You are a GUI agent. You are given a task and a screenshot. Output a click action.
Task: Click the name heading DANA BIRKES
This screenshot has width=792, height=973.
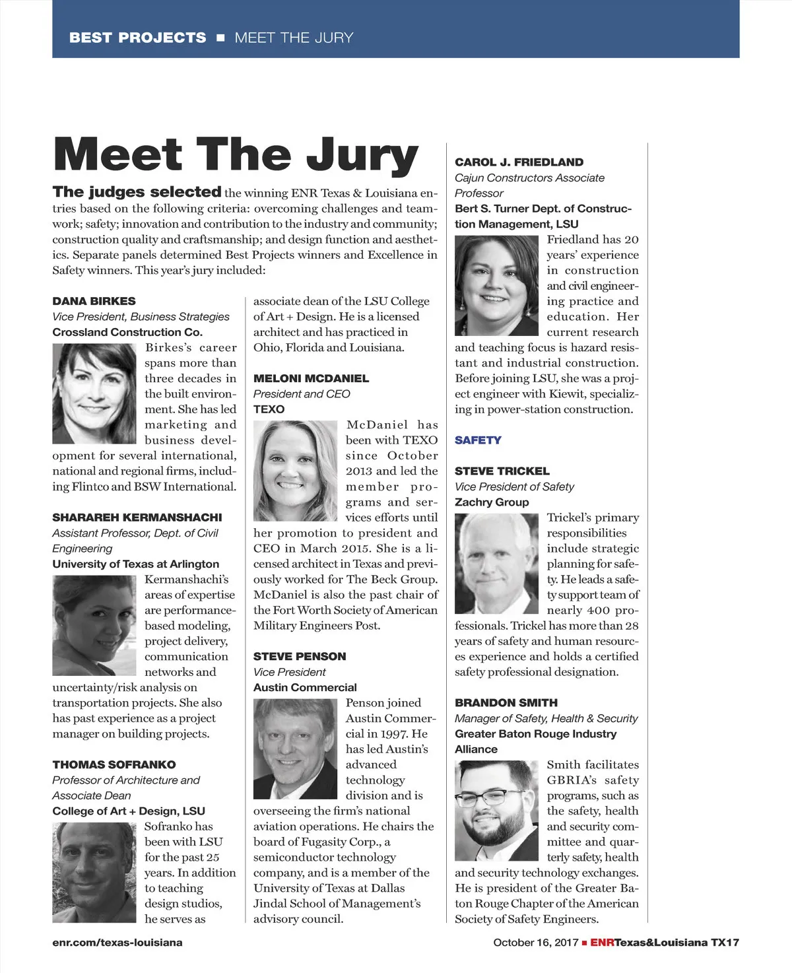tap(94, 301)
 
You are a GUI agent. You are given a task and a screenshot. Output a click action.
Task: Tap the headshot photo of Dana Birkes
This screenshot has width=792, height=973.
tap(94, 393)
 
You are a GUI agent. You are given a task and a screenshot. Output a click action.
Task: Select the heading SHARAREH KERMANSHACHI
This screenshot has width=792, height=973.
tap(137, 518)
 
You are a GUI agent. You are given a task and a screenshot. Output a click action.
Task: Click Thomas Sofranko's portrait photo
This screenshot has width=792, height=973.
tap(94, 871)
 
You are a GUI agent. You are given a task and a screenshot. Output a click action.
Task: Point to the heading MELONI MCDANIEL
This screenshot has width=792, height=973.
tap(311, 378)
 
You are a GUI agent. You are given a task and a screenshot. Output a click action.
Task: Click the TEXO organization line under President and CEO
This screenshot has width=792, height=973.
tap(269, 409)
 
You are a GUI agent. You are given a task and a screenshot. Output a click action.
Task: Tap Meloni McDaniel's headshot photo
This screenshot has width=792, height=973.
tap(295, 471)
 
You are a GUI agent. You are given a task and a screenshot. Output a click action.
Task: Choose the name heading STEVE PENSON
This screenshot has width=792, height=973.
tap(300, 656)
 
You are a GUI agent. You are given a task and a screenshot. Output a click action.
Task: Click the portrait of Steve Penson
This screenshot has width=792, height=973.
tap(295, 749)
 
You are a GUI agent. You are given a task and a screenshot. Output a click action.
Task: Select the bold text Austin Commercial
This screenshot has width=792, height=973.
tap(305, 687)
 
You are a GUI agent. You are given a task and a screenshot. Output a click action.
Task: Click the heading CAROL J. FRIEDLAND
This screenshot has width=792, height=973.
tap(519, 162)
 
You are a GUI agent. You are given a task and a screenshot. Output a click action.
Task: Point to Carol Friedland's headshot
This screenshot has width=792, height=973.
tap(496, 285)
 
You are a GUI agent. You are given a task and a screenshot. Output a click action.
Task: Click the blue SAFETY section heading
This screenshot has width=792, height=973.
tap(478, 440)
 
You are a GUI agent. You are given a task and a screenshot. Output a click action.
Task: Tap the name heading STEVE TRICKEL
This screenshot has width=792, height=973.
tap(502, 471)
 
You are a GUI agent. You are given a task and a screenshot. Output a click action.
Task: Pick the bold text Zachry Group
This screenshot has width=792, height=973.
tap(492, 502)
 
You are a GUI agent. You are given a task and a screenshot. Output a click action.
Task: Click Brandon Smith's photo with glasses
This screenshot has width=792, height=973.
tap(496, 811)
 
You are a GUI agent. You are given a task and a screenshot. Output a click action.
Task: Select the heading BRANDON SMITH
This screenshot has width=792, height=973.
tap(506, 703)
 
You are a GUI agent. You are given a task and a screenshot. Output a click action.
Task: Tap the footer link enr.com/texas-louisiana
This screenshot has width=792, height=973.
tap(117, 943)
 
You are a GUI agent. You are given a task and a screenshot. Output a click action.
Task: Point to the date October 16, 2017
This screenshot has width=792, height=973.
tap(535, 943)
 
